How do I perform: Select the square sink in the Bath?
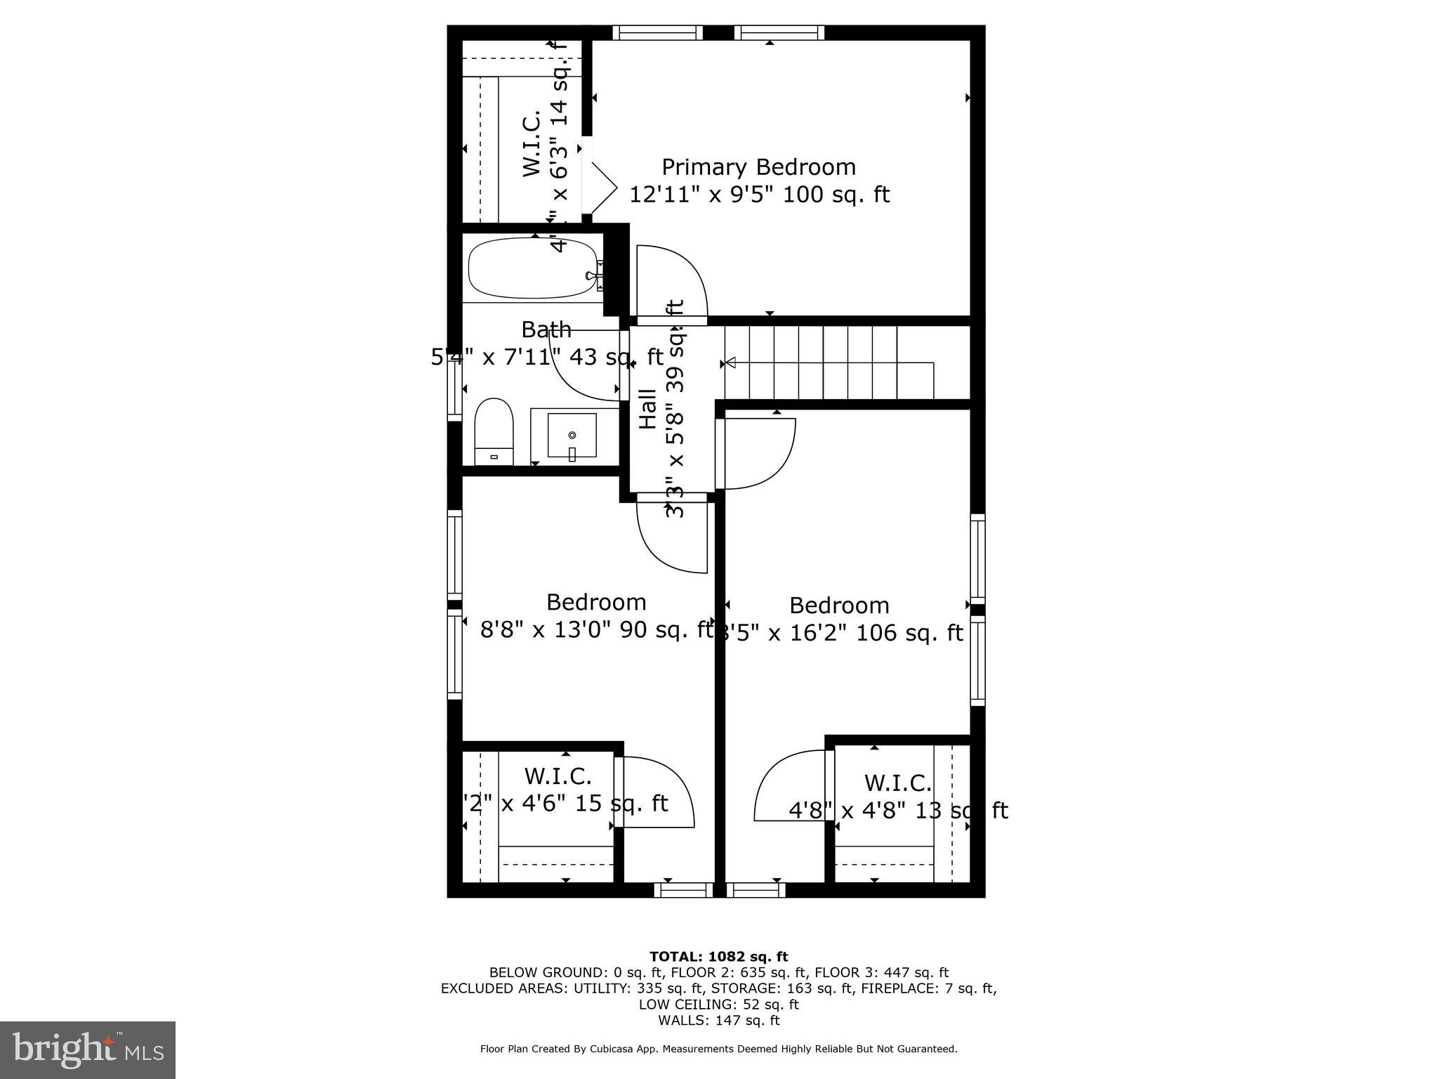pyautogui.click(x=572, y=436)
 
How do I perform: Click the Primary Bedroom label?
pyautogui.click(x=758, y=167)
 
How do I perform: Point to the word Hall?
pyautogui.click(x=647, y=409)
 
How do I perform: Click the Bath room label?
pyautogui.click(x=546, y=329)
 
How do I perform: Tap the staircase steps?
pyautogui.click(x=836, y=362)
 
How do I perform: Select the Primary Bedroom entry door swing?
pyautogui.click(x=671, y=281)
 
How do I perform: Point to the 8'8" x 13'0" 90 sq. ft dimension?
pyautogui.click(x=597, y=629)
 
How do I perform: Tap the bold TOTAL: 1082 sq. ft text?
pyautogui.click(x=718, y=957)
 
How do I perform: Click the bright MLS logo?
pyautogui.click(x=88, y=1049)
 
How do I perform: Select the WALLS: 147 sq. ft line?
pyautogui.click(x=718, y=1020)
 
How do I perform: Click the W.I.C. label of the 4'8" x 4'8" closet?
pyautogui.click(x=897, y=783)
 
